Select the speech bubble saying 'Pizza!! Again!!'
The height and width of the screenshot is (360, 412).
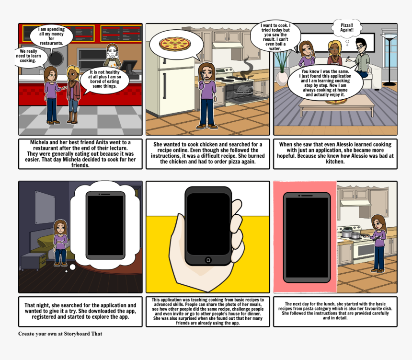(x=347, y=28)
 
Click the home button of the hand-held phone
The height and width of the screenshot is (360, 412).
(x=208, y=260)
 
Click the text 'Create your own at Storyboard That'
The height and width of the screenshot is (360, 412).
(x=60, y=334)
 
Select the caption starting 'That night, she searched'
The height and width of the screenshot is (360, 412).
(x=80, y=311)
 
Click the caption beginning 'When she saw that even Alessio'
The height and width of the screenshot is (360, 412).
(x=335, y=152)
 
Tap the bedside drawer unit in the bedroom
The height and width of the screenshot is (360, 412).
(x=34, y=262)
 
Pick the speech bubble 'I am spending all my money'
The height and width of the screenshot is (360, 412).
(x=51, y=36)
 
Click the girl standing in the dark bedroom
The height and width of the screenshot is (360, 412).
(x=60, y=243)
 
